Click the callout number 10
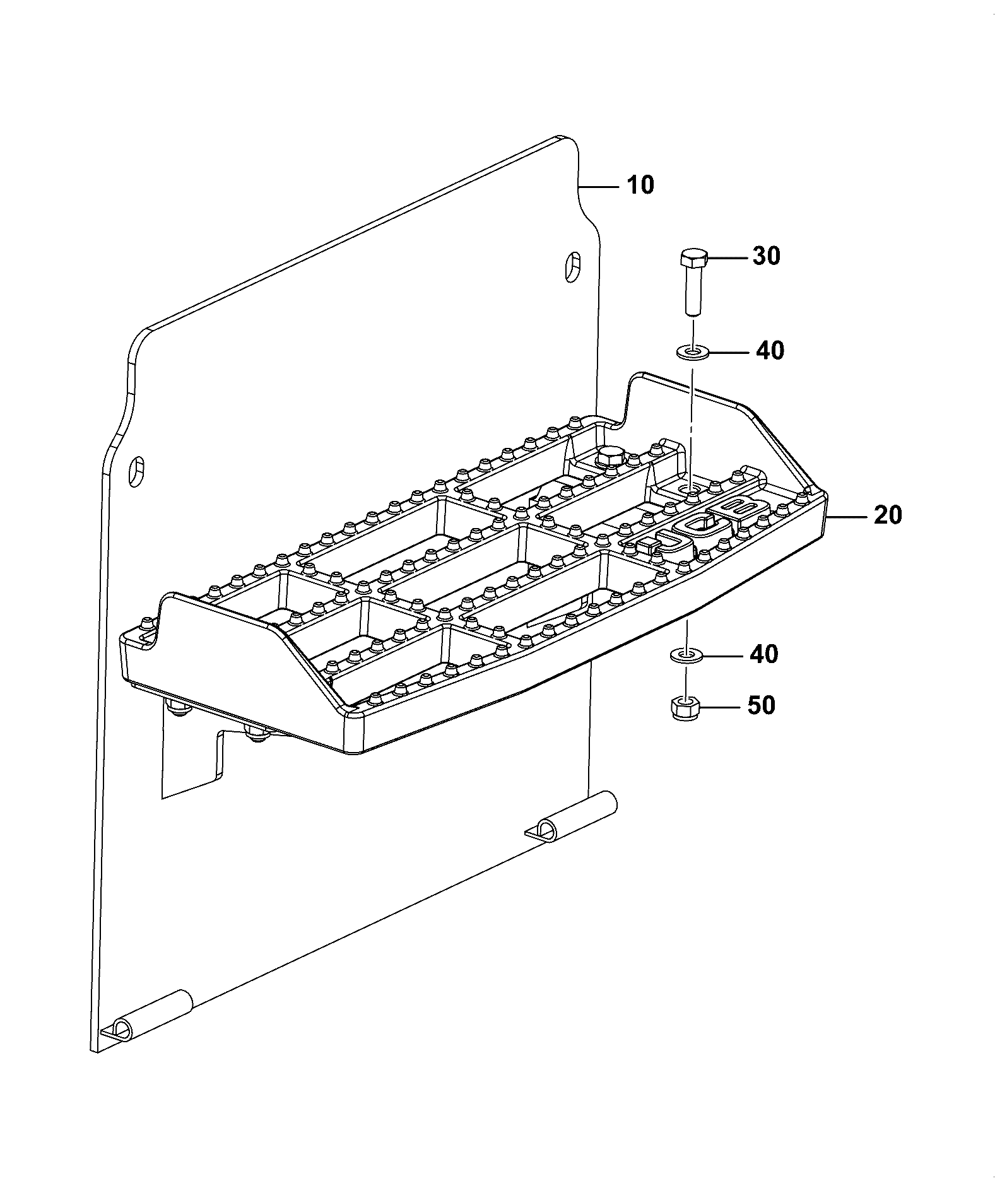point(640,185)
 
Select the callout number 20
point(888,515)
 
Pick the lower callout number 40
point(763,654)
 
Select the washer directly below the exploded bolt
point(692,350)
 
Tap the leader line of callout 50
point(718,707)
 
